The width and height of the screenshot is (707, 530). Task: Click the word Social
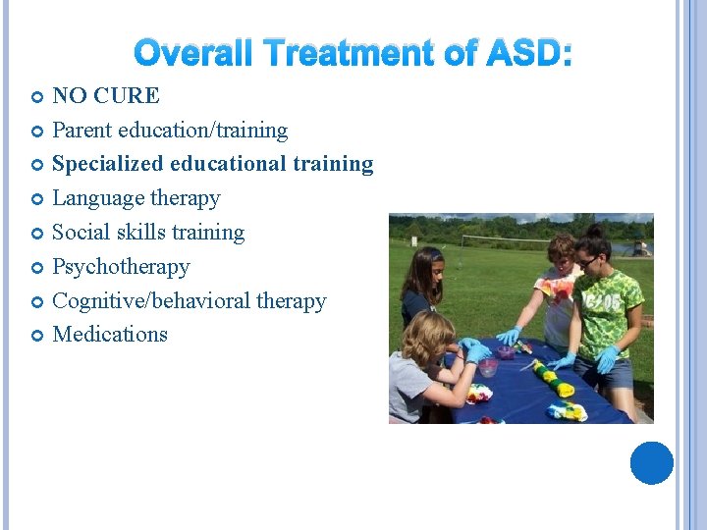point(79,233)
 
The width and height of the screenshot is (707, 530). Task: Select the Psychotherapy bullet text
point(121,267)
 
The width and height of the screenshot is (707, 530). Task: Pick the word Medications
point(110,335)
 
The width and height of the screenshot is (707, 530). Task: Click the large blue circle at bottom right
point(651,462)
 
